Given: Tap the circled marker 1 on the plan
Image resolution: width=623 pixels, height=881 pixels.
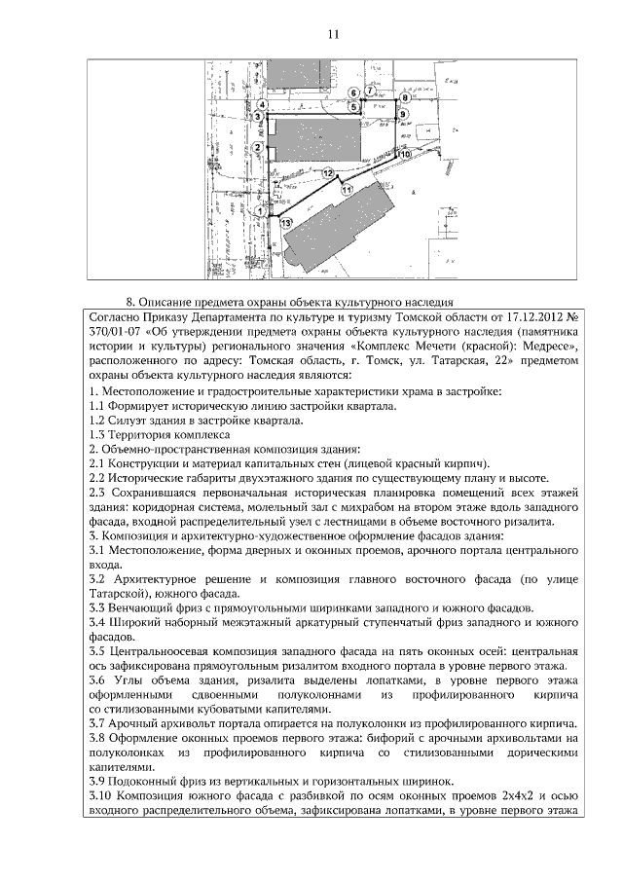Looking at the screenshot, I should pyautogui.click(x=260, y=210).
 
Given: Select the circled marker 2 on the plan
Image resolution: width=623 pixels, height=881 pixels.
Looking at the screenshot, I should pyautogui.click(x=256, y=147).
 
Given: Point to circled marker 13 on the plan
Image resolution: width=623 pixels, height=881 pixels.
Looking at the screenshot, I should pyautogui.click(x=284, y=223).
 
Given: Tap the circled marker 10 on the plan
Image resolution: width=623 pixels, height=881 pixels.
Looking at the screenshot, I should pyautogui.click(x=403, y=154).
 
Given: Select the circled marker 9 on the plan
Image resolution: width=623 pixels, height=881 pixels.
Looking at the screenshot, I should pyautogui.click(x=402, y=114).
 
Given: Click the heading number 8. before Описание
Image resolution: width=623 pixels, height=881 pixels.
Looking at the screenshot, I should pyautogui.click(x=131, y=302).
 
